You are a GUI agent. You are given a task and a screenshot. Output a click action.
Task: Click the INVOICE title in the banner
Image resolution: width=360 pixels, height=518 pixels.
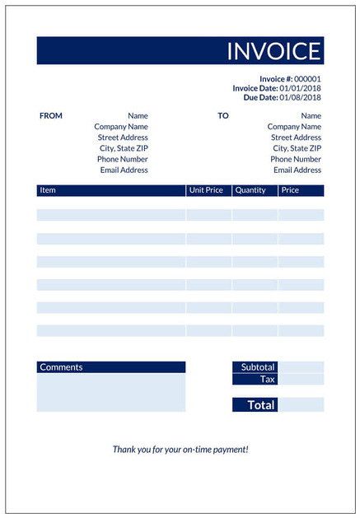point(274,51)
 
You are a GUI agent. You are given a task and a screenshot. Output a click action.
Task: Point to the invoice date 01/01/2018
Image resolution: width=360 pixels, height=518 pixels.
point(300,88)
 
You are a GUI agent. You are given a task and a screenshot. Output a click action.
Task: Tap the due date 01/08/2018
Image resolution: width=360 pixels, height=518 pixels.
point(300,97)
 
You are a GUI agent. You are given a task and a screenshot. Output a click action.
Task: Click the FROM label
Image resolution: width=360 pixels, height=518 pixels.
point(50,116)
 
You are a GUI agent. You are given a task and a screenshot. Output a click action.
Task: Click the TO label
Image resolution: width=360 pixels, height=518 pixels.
point(223,116)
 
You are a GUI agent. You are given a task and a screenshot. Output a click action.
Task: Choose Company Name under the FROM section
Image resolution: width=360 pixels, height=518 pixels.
point(121,127)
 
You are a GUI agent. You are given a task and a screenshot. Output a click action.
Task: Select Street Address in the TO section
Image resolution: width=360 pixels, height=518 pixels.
point(296,138)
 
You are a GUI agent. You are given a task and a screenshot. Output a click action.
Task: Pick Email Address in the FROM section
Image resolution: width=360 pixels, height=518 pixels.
point(124,170)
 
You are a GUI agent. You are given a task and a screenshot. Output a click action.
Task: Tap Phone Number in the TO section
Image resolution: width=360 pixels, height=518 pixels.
point(296,159)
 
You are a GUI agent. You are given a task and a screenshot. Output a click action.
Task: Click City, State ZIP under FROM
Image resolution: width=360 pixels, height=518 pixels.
point(125,148)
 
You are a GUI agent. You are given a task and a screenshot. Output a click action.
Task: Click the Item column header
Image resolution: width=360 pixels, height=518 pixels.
point(48,190)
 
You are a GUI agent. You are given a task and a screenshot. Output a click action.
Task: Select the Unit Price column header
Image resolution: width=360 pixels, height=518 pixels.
point(206,190)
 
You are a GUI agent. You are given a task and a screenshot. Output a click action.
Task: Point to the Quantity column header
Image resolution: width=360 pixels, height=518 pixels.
point(250,190)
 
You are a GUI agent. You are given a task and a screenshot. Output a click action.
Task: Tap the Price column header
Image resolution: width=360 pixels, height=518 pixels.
point(290,190)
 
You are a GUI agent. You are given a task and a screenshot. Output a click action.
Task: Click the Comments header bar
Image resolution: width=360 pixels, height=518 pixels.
point(110,367)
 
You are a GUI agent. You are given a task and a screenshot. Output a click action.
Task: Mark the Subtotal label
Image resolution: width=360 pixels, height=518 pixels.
point(258,367)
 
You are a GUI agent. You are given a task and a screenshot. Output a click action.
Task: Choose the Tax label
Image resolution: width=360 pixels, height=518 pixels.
point(268,380)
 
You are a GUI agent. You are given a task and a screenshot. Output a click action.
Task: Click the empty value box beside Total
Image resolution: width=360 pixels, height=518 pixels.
point(302,405)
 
